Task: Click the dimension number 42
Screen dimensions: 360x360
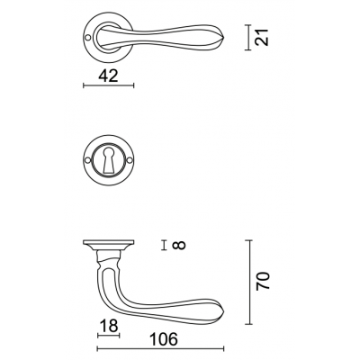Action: (108, 76)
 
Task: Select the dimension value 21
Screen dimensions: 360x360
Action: (261, 37)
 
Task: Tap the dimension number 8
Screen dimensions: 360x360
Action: (179, 245)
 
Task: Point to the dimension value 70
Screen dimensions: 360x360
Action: (263, 281)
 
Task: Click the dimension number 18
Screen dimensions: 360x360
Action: (109, 326)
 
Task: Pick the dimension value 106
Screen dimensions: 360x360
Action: (164, 339)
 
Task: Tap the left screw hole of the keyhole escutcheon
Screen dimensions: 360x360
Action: (87, 161)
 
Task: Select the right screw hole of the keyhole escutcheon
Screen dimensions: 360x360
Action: (130, 161)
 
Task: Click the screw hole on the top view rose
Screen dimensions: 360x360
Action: (87, 38)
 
